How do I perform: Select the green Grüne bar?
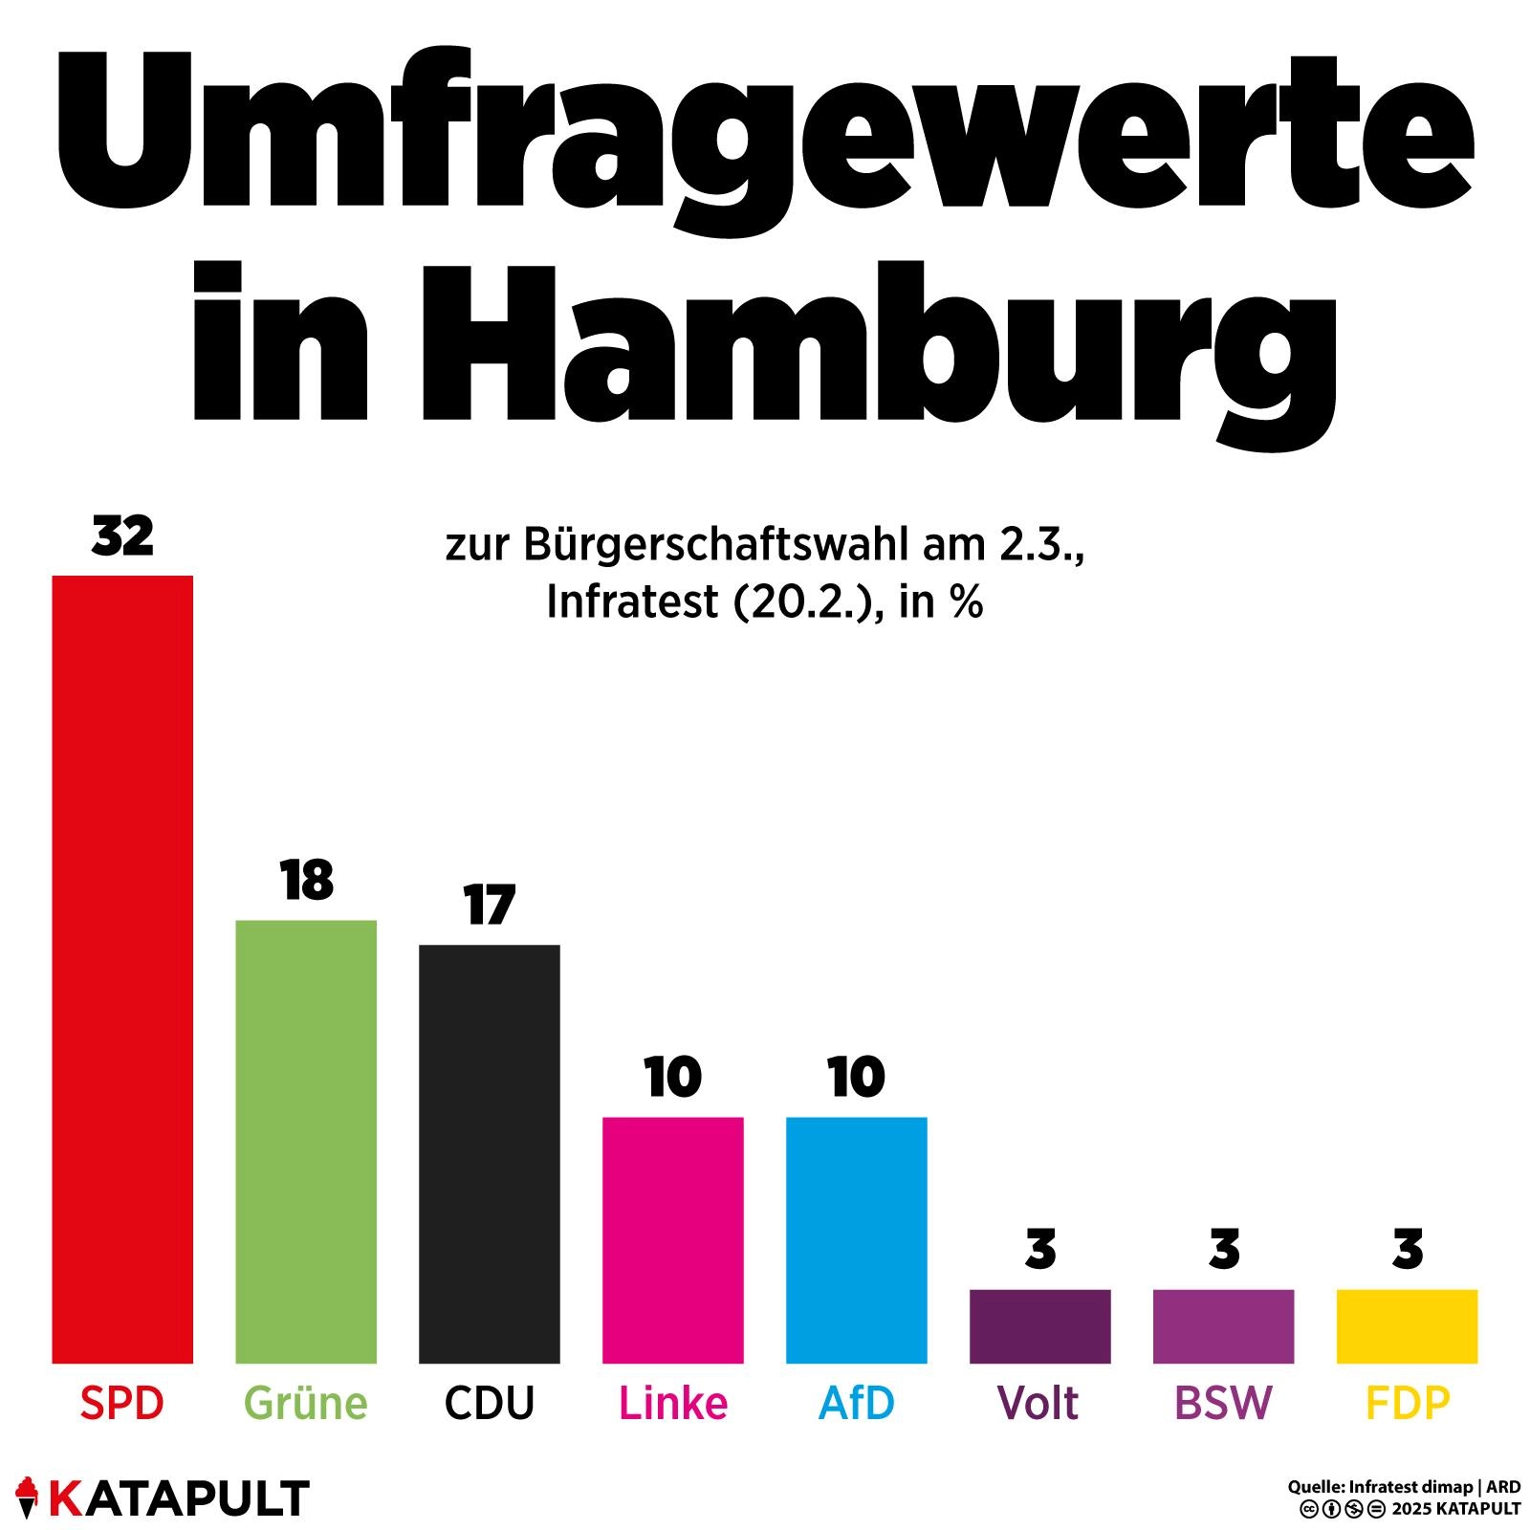click(x=306, y=1141)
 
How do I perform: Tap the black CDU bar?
click(x=490, y=1153)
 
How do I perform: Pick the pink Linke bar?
click(x=673, y=1239)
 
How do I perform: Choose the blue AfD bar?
click(x=857, y=1239)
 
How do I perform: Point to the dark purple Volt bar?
click(x=1040, y=1325)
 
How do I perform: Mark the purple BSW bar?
click(x=1224, y=1325)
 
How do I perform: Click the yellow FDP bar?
click(x=1408, y=1325)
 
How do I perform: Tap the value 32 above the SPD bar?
click(x=122, y=536)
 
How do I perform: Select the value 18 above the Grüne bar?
click(x=307, y=881)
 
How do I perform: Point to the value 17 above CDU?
click(x=490, y=906)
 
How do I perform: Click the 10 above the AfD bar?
click(x=857, y=1078)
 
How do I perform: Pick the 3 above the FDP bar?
click(x=1408, y=1250)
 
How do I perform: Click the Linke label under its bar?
click(x=673, y=1403)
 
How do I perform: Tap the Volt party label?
click(x=1038, y=1403)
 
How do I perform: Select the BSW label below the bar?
click(x=1223, y=1403)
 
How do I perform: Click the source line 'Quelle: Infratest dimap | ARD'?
click(x=1404, y=1487)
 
